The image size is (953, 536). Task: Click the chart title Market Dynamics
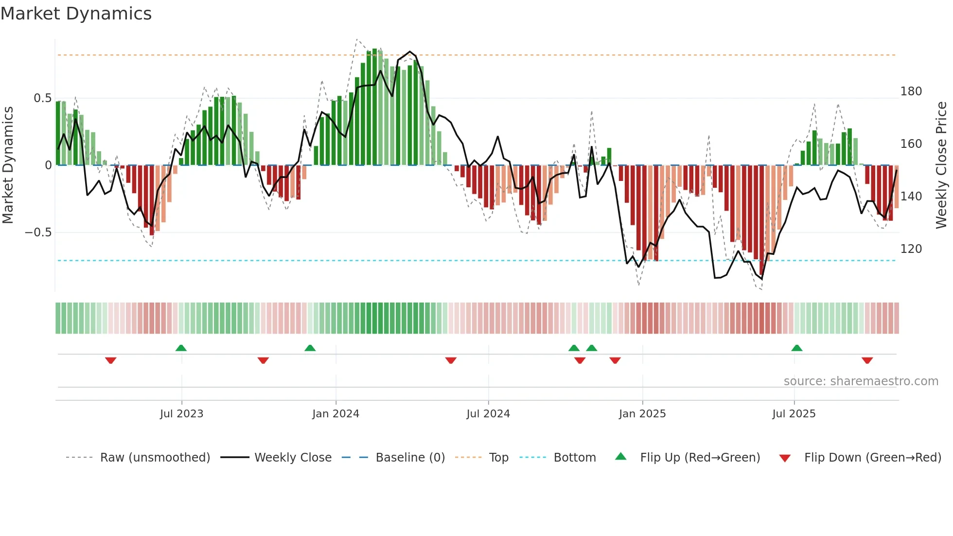tap(76, 14)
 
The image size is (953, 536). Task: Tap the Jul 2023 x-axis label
tap(181, 414)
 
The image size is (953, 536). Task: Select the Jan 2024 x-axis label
tap(335, 414)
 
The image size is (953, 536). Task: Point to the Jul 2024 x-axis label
tap(488, 414)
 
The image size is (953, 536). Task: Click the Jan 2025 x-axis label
tap(642, 414)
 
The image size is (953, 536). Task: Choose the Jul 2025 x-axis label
tap(794, 414)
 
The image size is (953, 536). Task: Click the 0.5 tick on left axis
tap(42, 98)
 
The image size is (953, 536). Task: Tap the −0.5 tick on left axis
tap(38, 232)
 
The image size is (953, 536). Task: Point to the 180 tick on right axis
tap(911, 91)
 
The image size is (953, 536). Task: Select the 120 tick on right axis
tap(911, 249)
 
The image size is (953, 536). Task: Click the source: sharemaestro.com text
tap(861, 381)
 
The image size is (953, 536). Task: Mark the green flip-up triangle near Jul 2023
tap(181, 348)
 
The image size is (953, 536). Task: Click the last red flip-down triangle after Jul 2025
tap(867, 360)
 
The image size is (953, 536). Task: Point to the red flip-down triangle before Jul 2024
tap(451, 360)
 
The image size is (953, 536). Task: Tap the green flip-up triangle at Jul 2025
tap(796, 348)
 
